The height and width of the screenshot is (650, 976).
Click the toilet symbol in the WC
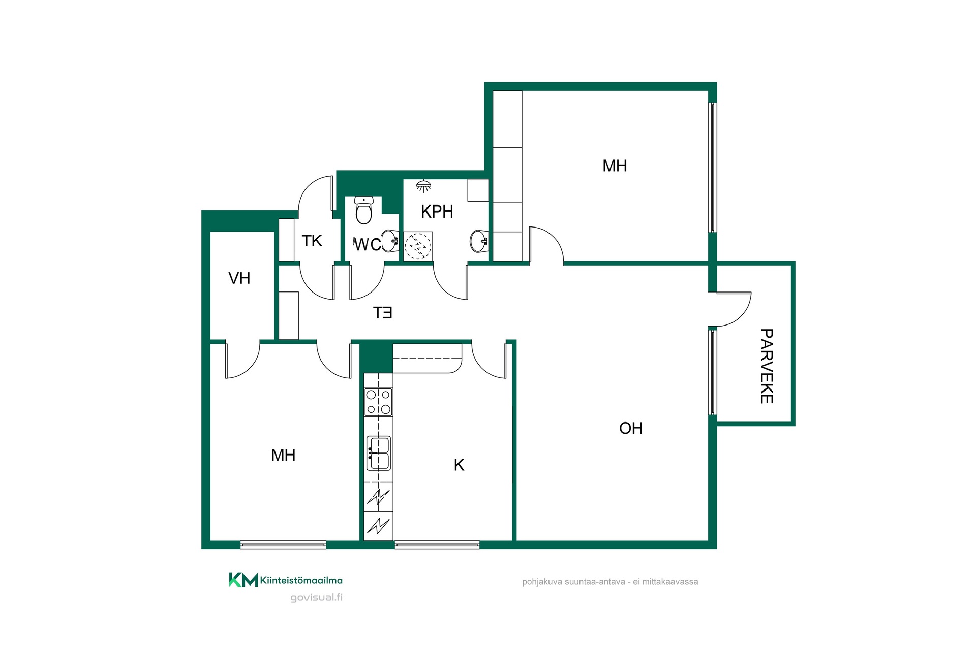(x=363, y=210)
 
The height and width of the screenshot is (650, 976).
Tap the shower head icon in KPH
(x=423, y=186)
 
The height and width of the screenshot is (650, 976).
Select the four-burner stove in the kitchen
(x=378, y=402)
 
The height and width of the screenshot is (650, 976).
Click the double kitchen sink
(x=378, y=453)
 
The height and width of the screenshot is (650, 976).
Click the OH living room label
(x=631, y=428)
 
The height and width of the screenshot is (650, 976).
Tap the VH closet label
(x=239, y=278)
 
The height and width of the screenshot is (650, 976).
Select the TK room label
(x=312, y=241)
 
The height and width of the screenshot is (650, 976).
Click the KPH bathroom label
(x=437, y=212)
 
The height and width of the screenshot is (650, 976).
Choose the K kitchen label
(x=459, y=465)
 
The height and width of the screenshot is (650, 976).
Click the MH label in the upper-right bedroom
(x=615, y=166)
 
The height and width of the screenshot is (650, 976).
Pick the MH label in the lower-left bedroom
(x=283, y=455)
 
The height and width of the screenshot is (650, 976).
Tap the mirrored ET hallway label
(x=383, y=313)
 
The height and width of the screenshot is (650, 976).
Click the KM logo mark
(x=243, y=580)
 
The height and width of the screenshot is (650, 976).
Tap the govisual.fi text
(x=316, y=598)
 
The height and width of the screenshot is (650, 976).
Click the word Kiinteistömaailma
(x=301, y=580)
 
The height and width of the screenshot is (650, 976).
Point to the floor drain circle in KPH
(x=417, y=246)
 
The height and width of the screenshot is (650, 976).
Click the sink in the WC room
(x=389, y=241)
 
